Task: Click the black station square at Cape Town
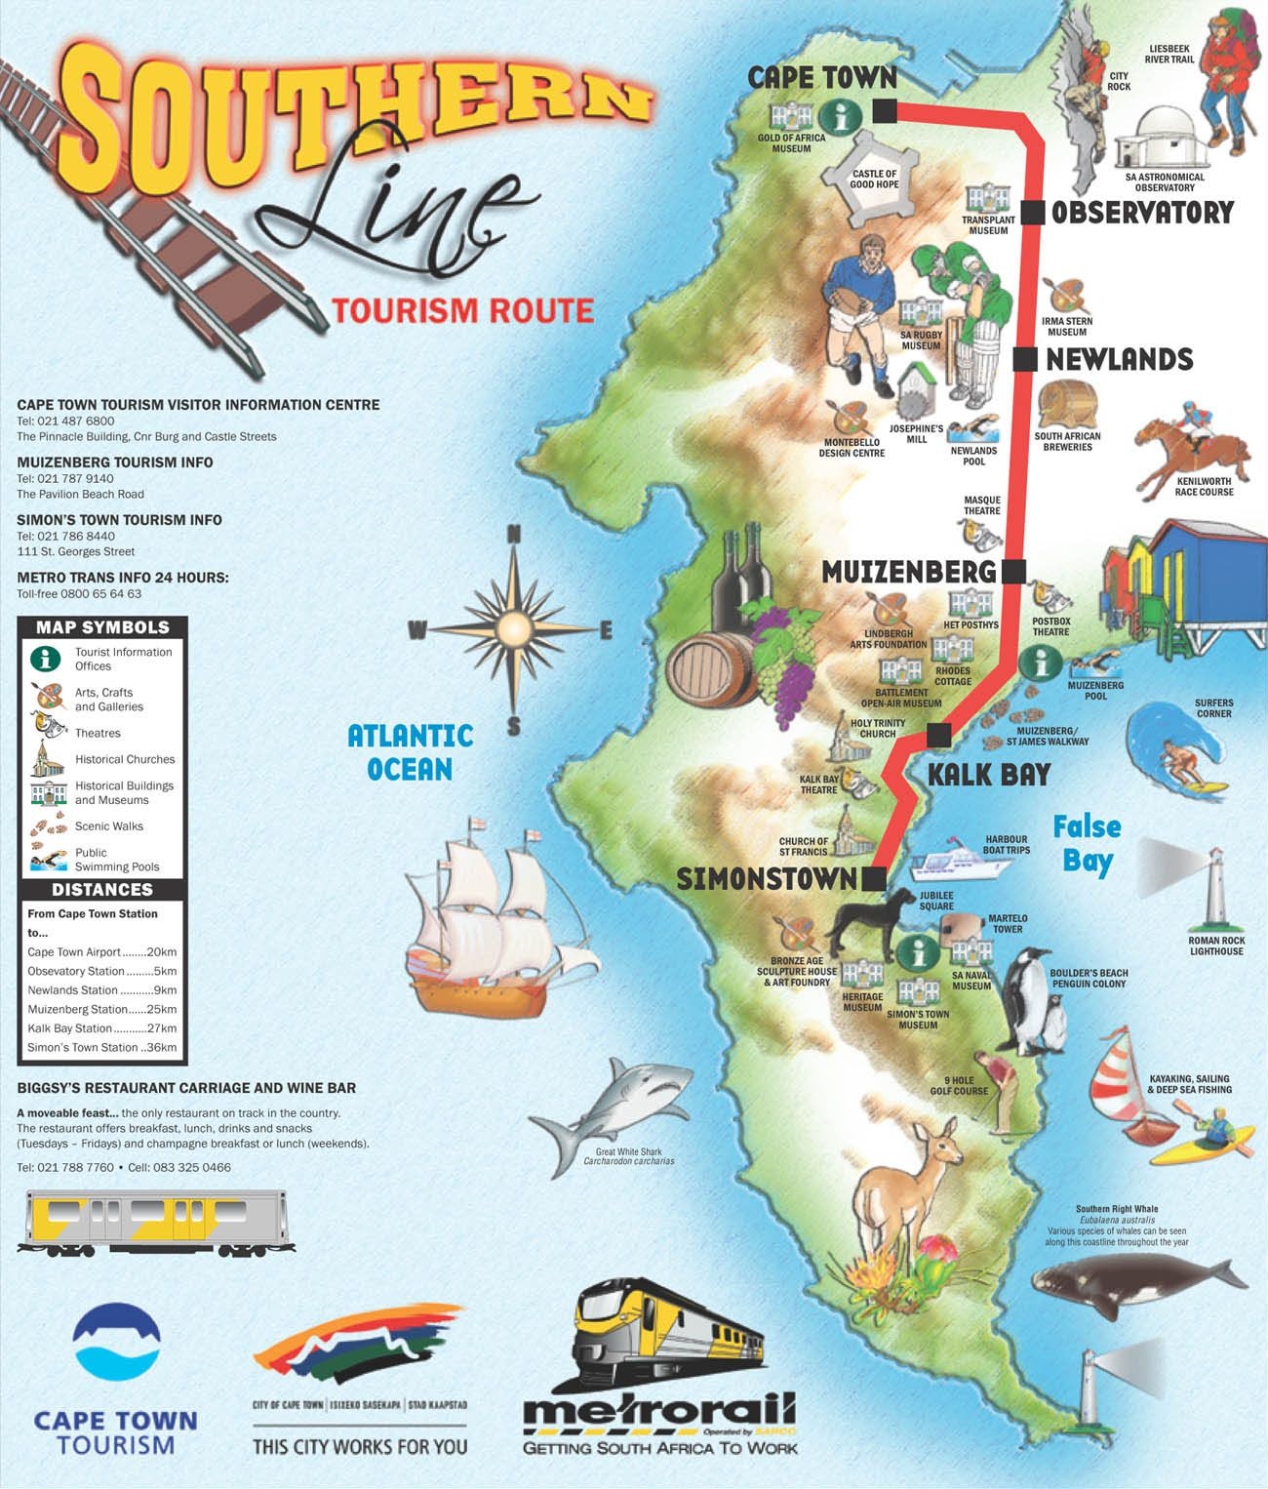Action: point(885,110)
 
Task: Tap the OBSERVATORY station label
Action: point(1142,213)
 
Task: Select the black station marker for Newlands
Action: point(1024,359)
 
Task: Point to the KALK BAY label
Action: point(988,775)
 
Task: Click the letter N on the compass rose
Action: point(514,534)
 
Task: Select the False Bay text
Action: point(1087,843)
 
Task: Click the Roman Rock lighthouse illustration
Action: point(1213,888)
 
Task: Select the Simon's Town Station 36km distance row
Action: point(102,1048)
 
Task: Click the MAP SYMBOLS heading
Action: point(102,627)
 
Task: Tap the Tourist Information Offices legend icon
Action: point(46,659)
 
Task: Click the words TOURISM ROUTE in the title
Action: point(462,310)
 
